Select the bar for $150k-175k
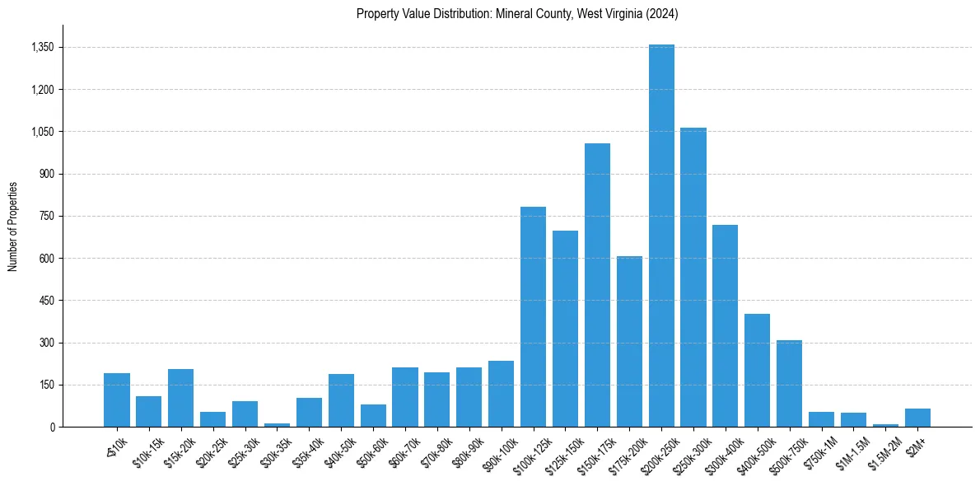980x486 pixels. coord(597,285)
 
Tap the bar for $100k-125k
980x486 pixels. coord(533,316)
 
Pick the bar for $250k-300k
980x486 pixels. coord(693,277)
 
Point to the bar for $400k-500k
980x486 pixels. coord(757,370)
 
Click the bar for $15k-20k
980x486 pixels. coord(180,398)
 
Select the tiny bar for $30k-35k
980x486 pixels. coord(277,425)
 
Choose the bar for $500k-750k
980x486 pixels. coord(789,383)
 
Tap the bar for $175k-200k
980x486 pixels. coord(629,341)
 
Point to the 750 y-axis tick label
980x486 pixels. coord(46,216)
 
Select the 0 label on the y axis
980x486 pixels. coord(51,427)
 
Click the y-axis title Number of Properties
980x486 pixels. coord(12,226)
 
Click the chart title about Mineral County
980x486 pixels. coord(517,14)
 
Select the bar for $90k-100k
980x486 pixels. coord(501,394)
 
